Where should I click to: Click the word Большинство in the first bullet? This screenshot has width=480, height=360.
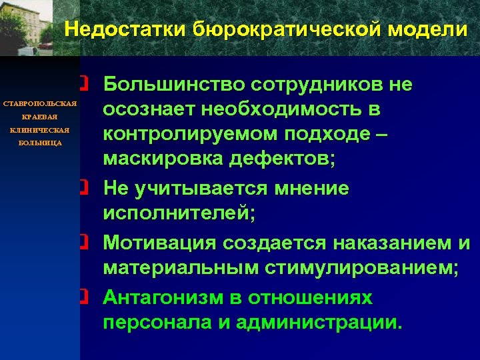[x=171, y=85]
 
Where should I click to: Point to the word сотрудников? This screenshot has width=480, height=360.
[x=319, y=85]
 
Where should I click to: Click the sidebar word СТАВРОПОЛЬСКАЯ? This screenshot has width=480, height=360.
[x=41, y=105]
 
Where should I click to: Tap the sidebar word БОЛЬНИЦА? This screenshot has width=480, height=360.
[x=41, y=143]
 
